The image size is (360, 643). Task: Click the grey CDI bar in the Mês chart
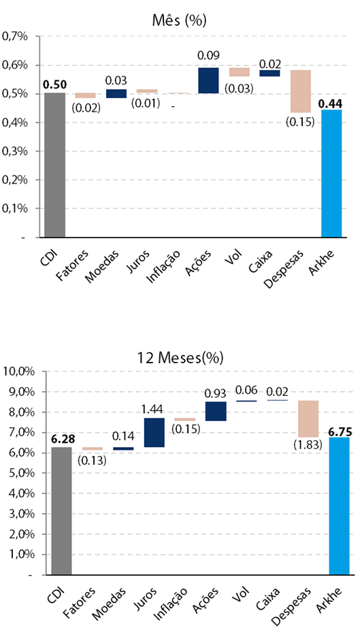[54, 165]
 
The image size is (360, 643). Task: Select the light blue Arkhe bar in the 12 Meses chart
[339, 506]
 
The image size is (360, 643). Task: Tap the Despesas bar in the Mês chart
[301, 91]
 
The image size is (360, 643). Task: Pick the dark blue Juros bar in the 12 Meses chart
[154, 432]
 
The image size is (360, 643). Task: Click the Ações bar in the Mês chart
[208, 80]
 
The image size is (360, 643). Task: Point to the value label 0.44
[331, 103]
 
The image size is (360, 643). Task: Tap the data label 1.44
[152, 409]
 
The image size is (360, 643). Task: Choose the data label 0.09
[208, 55]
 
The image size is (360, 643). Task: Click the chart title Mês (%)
[179, 20]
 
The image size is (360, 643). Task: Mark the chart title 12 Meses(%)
[180, 358]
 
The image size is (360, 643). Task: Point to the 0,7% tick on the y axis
[15, 37]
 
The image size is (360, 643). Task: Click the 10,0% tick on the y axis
[16, 372]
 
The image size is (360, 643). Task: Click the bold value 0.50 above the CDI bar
[54, 85]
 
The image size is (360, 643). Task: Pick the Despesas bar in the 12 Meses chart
[308, 418]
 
